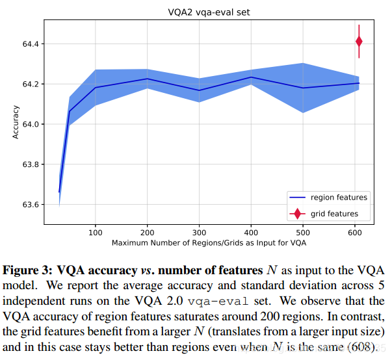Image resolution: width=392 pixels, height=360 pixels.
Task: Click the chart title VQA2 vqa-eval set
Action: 209,12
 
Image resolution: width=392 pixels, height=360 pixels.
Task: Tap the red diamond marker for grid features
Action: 359,42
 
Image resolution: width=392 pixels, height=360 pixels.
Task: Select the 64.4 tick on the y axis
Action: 31,44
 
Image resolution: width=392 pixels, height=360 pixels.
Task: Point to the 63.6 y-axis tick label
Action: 31,205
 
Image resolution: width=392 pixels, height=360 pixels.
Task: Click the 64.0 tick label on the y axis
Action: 31,124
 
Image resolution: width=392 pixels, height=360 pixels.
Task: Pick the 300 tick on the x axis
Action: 199,233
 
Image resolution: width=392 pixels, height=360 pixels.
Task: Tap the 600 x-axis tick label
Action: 355,233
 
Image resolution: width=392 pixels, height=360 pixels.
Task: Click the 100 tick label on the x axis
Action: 96,233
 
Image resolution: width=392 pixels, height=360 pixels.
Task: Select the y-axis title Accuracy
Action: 16,122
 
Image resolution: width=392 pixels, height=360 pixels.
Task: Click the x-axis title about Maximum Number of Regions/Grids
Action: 209,243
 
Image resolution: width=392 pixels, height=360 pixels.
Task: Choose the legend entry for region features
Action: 328,198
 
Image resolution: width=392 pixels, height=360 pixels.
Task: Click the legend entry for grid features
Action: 324,214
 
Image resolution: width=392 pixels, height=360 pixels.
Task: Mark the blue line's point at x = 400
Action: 251,77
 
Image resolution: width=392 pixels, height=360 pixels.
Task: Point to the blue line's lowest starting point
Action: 59,192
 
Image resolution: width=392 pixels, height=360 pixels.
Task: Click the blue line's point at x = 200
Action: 148,79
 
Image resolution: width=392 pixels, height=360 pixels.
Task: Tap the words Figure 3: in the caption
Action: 27,270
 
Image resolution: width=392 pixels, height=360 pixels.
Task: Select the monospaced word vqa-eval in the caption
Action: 218,302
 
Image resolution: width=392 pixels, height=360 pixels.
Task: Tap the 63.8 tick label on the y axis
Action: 31,164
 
